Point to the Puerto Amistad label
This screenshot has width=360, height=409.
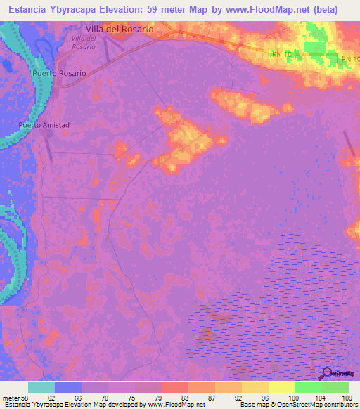click(x=44, y=126)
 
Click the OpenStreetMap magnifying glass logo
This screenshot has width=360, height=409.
click(x=326, y=374)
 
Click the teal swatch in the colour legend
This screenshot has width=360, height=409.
click(x=41, y=387)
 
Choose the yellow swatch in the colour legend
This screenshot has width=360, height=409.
click(x=255, y=387)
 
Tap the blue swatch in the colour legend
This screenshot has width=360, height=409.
click(x=68, y=387)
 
